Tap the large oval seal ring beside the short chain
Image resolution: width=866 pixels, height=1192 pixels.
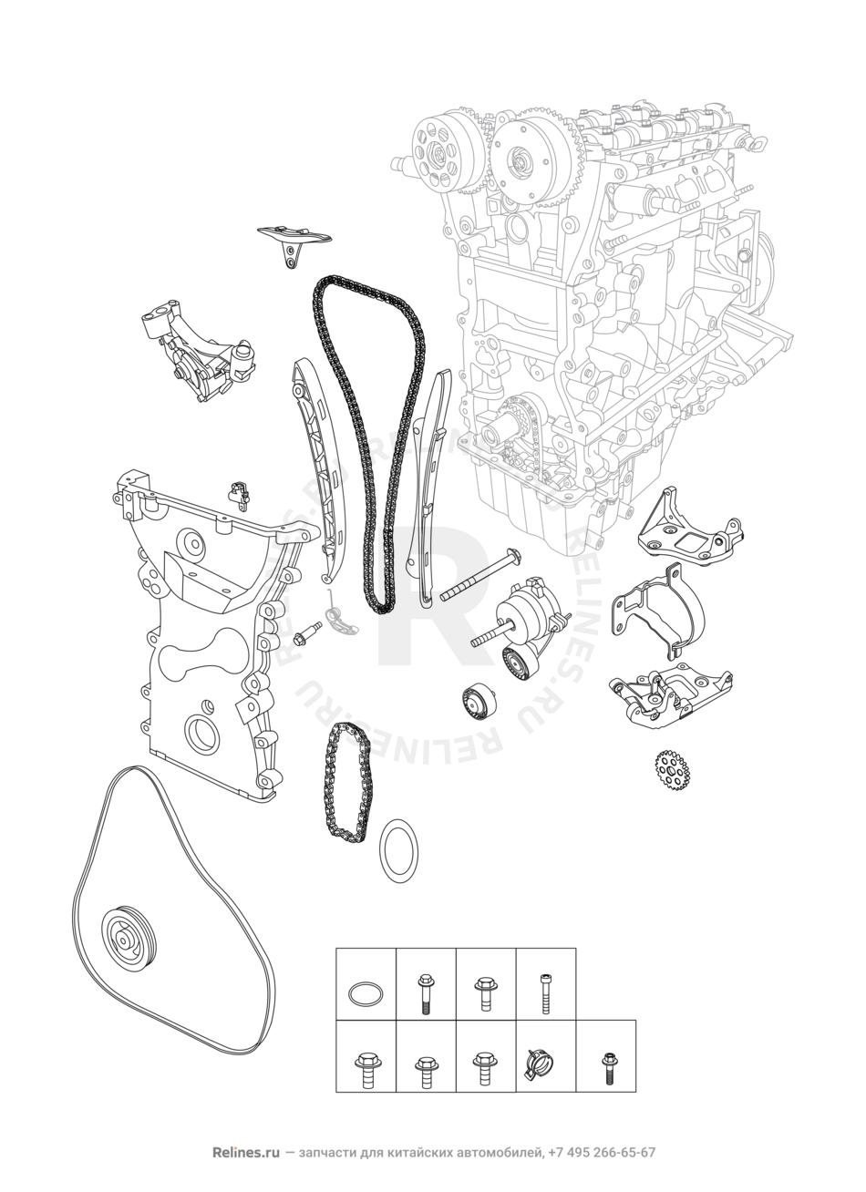[x=398, y=850]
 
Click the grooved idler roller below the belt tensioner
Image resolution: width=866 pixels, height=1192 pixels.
[x=479, y=704]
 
